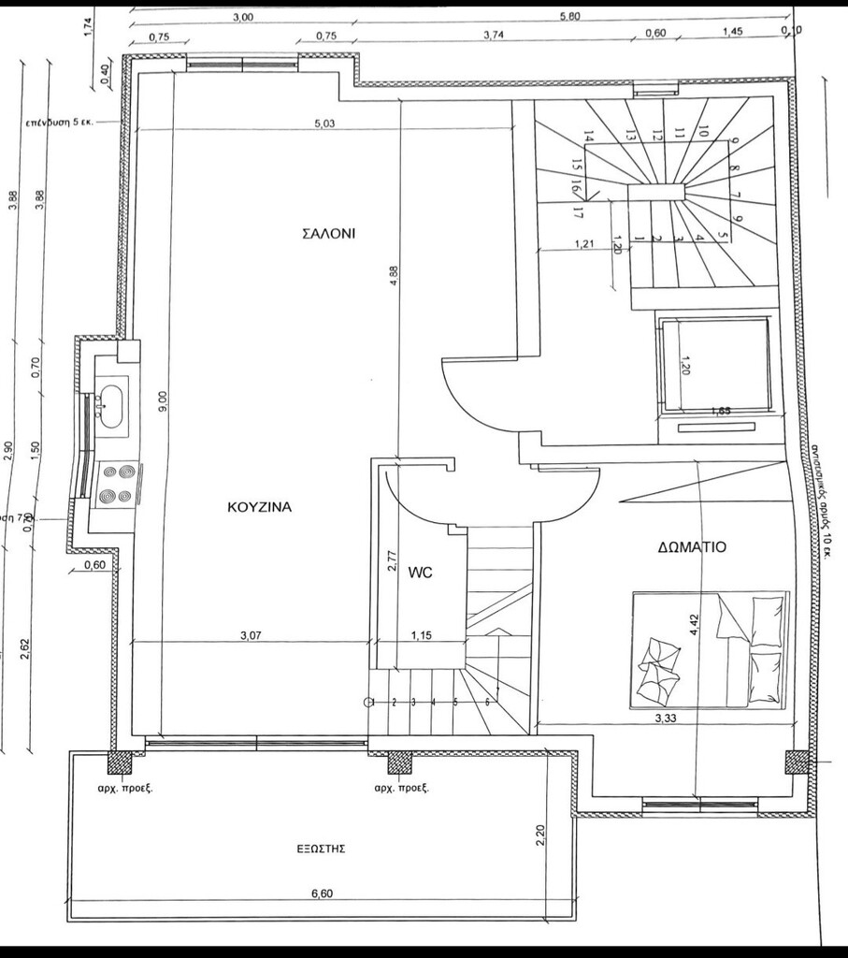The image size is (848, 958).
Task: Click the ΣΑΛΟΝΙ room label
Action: click(328, 234)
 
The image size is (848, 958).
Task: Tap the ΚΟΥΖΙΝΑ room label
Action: click(260, 507)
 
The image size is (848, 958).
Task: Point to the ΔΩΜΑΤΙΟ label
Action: click(691, 547)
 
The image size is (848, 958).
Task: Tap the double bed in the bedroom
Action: click(710, 649)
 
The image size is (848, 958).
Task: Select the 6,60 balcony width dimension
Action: click(321, 893)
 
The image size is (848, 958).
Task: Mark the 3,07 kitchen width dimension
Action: click(250, 635)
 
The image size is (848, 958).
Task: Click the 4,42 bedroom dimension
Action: click(693, 624)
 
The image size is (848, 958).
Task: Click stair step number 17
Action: click(578, 212)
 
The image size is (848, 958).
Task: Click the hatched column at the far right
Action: click(797, 762)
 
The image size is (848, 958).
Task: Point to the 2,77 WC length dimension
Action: click(393, 559)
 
